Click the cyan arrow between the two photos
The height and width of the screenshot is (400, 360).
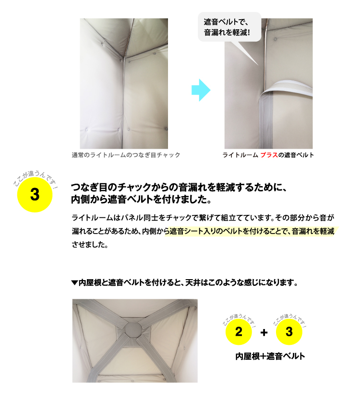point(201,90)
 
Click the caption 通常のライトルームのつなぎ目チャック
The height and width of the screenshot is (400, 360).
point(126,155)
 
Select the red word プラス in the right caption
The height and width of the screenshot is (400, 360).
point(269,155)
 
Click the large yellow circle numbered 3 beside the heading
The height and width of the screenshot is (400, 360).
point(34,195)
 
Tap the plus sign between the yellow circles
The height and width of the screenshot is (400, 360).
point(264,332)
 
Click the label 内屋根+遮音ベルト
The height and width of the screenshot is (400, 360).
point(270,357)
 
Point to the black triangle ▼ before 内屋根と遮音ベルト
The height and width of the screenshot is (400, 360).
point(74,282)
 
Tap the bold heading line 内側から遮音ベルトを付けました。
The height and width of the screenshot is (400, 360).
point(140,199)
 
